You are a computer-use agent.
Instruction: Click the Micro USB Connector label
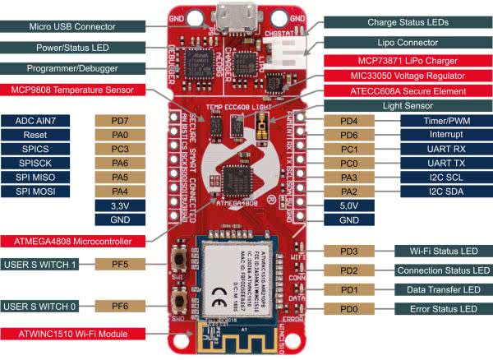point(72,25)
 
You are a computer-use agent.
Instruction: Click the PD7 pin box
point(122,121)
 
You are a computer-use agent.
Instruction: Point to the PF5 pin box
point(122,265)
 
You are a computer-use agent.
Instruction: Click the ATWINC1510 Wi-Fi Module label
point(74,334)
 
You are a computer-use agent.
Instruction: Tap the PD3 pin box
point(349,251)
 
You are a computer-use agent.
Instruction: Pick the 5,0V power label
point(348,205)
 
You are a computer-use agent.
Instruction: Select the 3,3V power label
point(122,205)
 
